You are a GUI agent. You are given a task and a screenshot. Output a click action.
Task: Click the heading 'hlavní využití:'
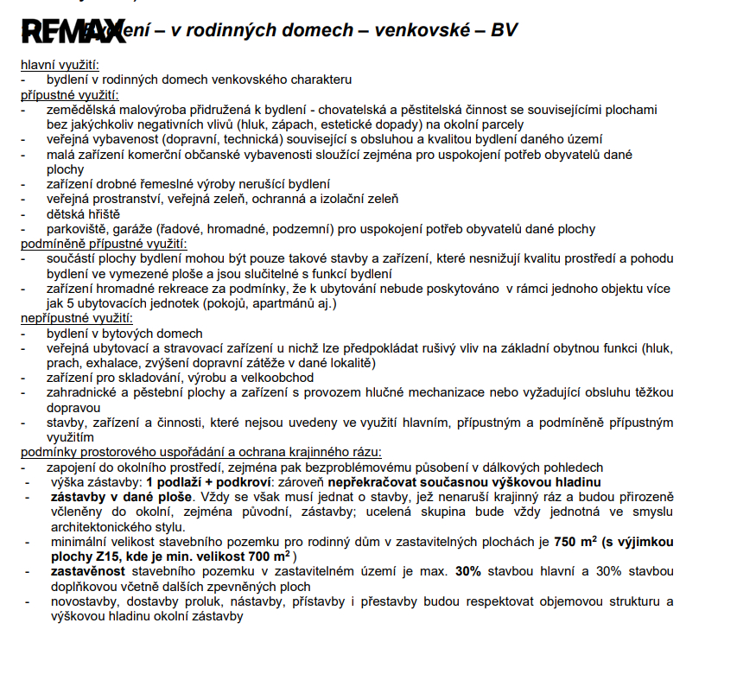point(60,66)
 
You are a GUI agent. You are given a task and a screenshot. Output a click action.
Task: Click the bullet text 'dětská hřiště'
point(83,213)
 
